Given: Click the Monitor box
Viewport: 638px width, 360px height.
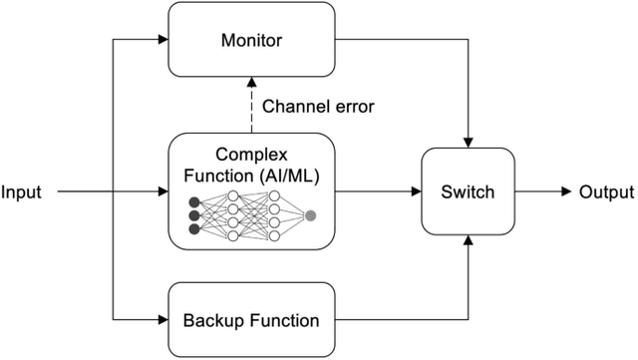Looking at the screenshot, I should click(x=250, y=41).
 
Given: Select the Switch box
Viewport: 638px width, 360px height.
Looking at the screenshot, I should click(x=469, y=192).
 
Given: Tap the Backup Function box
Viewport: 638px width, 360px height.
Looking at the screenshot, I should click(x=250, y=320).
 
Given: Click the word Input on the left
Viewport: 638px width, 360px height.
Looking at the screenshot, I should click(x=22, y=192).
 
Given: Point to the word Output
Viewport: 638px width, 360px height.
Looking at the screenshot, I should click(x=606, y=192).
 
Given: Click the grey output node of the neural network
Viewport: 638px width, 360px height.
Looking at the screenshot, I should click(x=310, y=215).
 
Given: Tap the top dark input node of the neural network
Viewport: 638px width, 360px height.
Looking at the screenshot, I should click(x=193, y=202).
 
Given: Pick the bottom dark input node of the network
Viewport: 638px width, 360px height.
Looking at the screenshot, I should click(x=193, y=229).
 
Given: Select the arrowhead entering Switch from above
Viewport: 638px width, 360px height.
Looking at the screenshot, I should click(x=469, y=142).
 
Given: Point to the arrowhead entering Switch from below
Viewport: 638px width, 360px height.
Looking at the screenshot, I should click(x=469, y=242).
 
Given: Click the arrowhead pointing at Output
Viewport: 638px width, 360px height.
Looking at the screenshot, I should click(x=566, y=192).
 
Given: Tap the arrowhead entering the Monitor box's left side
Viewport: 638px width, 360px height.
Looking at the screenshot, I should click(x=161, y=41).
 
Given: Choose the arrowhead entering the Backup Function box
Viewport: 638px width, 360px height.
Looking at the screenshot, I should click(x=161, y=320).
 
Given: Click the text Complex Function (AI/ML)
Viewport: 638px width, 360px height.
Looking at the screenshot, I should click(x=250, y=167).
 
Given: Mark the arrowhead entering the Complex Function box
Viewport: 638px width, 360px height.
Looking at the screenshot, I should click(x=161, y=192).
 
